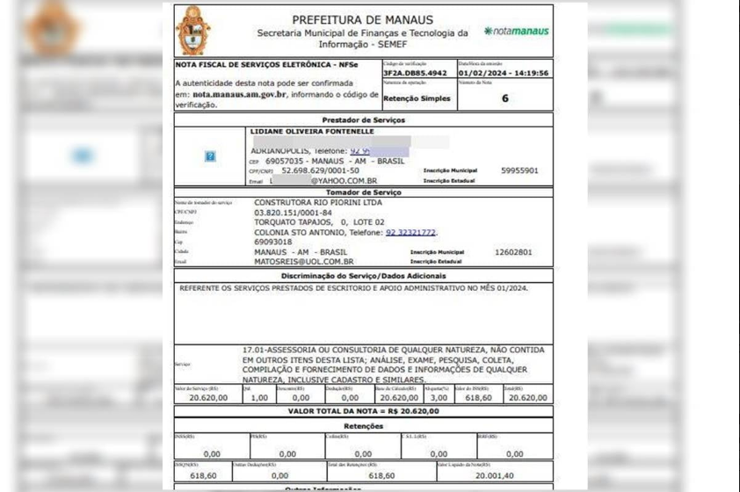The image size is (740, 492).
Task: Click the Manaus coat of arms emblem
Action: [193, 31]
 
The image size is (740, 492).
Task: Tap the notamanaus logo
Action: [517, 31]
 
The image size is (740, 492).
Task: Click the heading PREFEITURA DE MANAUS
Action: [362, 19]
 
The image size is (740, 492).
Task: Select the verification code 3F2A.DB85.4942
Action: [416, 74]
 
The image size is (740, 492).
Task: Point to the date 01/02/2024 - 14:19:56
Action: [504, 74]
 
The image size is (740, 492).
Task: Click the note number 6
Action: [504, 98]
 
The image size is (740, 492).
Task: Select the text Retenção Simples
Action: [418, 98]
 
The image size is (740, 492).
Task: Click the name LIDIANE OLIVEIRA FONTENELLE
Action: [312, 132]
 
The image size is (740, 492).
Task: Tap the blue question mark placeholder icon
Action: [210, 156]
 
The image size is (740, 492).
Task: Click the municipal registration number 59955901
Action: [519, 170]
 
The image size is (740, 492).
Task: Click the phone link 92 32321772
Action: [410, 232]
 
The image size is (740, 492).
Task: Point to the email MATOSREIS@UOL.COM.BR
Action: [303, 261]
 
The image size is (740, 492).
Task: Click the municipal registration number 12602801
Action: [513, 252]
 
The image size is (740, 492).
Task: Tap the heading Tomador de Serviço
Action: [363, 192]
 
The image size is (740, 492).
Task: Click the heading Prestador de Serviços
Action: [363, 119]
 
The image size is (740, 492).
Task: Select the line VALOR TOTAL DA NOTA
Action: [363, 410]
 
